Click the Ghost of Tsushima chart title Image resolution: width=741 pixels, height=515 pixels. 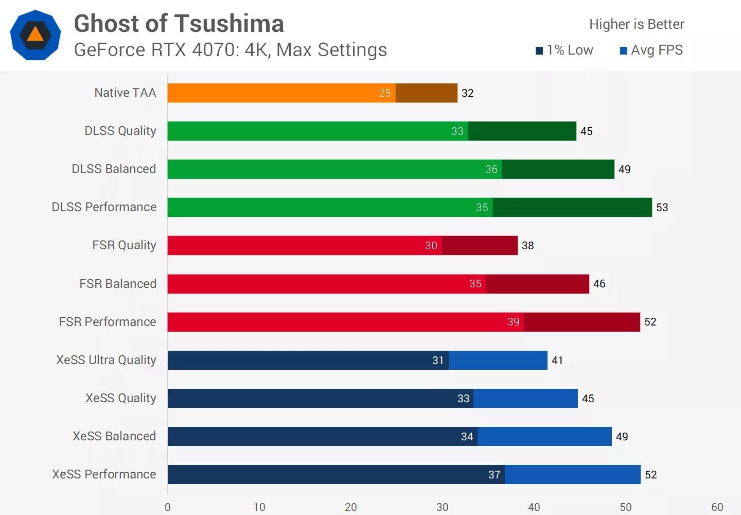[179, 24]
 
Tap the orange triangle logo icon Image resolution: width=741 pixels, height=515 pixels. [35, 35]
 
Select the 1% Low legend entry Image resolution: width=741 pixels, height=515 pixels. [564, 50]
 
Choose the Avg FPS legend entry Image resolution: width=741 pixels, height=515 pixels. [651, 50]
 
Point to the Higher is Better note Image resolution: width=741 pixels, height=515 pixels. [637, 24]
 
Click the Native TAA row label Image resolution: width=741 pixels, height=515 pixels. [125, 93]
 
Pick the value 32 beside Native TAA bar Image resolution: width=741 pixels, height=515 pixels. [467, 93]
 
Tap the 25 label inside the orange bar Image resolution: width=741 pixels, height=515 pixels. [385, 93]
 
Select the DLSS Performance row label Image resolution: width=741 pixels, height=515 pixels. [104, 207]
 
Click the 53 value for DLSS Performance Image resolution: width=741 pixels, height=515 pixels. [662, 208]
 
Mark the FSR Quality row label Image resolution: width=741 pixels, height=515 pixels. [124, 245]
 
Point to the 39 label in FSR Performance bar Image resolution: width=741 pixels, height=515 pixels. [513, 322]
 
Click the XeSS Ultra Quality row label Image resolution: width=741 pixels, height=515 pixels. [106, 360]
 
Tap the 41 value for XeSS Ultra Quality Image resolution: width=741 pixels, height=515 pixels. [557, 360]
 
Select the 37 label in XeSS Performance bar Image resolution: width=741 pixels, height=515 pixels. [494, 475]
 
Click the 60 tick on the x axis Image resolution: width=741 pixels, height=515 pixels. [717, 507]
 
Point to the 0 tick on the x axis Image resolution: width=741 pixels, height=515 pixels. [168, 507]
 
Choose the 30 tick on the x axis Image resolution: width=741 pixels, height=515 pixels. [442, 507]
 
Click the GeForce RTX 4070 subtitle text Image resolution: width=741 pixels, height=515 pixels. [231, 50]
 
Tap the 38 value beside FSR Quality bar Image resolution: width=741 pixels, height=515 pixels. [527, 246]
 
